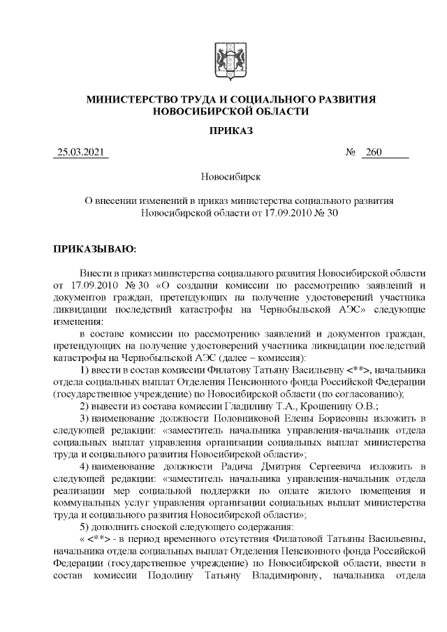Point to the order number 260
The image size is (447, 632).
click(x=374, y=153)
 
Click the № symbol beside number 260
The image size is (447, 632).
click(x=351, y=153)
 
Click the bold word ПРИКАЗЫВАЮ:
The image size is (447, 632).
click(x=96, y=247)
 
